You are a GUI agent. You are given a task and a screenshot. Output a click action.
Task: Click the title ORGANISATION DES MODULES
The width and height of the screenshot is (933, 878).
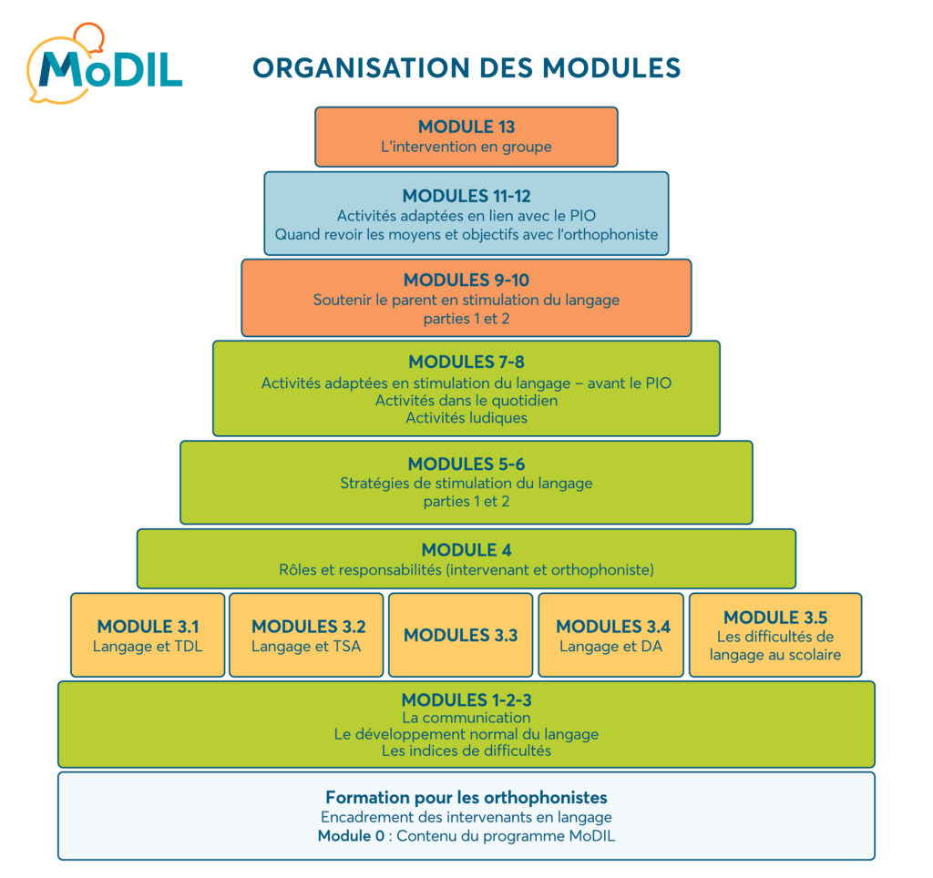coord(466,68)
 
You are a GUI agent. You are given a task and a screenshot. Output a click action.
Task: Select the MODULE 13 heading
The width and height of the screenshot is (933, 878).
coord(466,127)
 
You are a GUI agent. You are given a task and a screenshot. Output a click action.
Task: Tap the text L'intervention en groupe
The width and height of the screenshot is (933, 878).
coord(466,146)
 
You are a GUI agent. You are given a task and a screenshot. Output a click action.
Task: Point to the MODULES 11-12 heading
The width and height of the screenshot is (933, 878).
coord(466,196)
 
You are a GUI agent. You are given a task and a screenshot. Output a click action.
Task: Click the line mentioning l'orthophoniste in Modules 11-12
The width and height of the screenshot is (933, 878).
coord(466,235)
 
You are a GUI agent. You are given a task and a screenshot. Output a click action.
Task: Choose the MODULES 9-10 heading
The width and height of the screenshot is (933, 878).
coord(466,280)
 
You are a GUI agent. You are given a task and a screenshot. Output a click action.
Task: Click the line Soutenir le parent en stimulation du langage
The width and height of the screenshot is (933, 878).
coord(466,300)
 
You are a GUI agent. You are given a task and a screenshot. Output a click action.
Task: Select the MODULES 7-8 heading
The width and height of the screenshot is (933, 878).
coord(466,362)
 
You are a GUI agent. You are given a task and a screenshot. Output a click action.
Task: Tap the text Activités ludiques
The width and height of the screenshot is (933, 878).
coord(466,418)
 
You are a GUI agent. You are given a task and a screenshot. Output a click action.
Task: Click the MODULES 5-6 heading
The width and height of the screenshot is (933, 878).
coord(466,464)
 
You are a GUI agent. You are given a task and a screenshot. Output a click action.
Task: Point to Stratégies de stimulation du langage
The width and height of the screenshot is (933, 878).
coord(466,483)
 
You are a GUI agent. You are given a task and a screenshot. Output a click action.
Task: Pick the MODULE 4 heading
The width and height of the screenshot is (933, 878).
coord(466,550)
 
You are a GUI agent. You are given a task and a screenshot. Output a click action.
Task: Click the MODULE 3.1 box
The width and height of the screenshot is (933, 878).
coord(148,635)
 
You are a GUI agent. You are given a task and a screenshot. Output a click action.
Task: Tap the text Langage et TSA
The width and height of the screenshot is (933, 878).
coord(306,647)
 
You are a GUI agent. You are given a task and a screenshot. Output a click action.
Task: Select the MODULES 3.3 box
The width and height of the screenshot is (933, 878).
coord(460,635)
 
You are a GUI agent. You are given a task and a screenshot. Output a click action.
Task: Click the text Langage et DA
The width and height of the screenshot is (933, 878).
coord(610,647)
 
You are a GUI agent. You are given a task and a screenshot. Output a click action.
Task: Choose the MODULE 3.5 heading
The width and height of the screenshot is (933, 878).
coord(775,618)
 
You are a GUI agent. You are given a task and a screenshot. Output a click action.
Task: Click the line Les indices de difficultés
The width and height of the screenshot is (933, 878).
coord(466,751)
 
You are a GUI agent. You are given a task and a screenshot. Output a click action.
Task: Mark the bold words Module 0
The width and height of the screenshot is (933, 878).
coord(351,836)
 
